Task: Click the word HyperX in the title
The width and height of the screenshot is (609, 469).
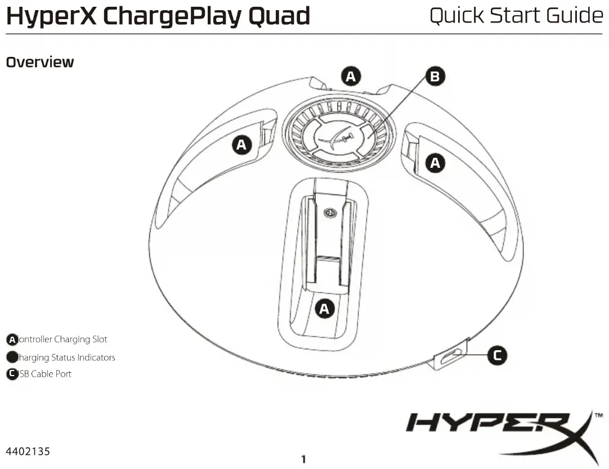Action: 51,16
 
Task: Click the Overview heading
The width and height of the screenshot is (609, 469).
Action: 39,62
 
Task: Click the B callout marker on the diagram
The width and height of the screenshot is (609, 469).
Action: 434,77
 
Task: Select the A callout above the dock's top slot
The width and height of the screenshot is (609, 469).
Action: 351,76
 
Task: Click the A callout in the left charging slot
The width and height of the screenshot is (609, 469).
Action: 241,145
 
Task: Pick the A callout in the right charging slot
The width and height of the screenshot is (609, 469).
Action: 435,163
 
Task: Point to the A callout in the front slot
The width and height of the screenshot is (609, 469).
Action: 324,309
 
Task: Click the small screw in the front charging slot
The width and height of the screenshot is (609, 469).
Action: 330,213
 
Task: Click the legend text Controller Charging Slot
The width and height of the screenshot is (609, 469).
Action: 62,340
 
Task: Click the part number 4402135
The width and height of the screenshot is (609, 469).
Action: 28,452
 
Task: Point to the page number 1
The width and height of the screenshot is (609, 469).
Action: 303,459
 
